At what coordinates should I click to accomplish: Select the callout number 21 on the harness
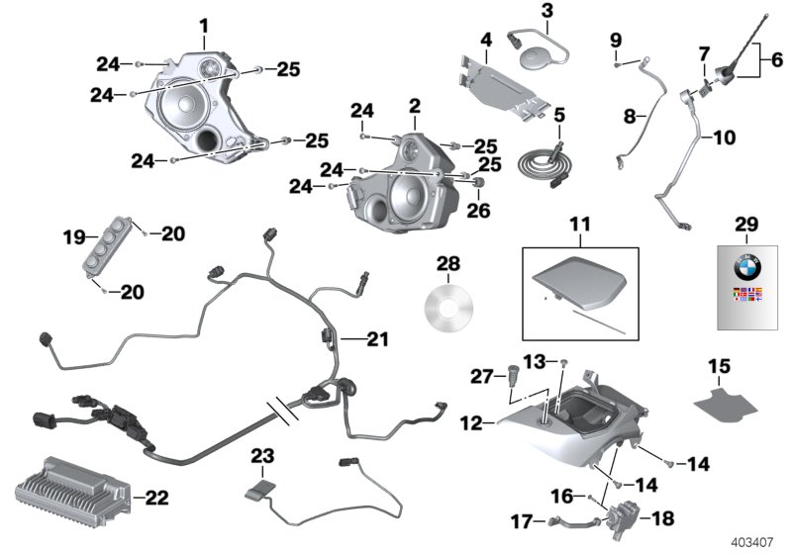click(x=377, y=340)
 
